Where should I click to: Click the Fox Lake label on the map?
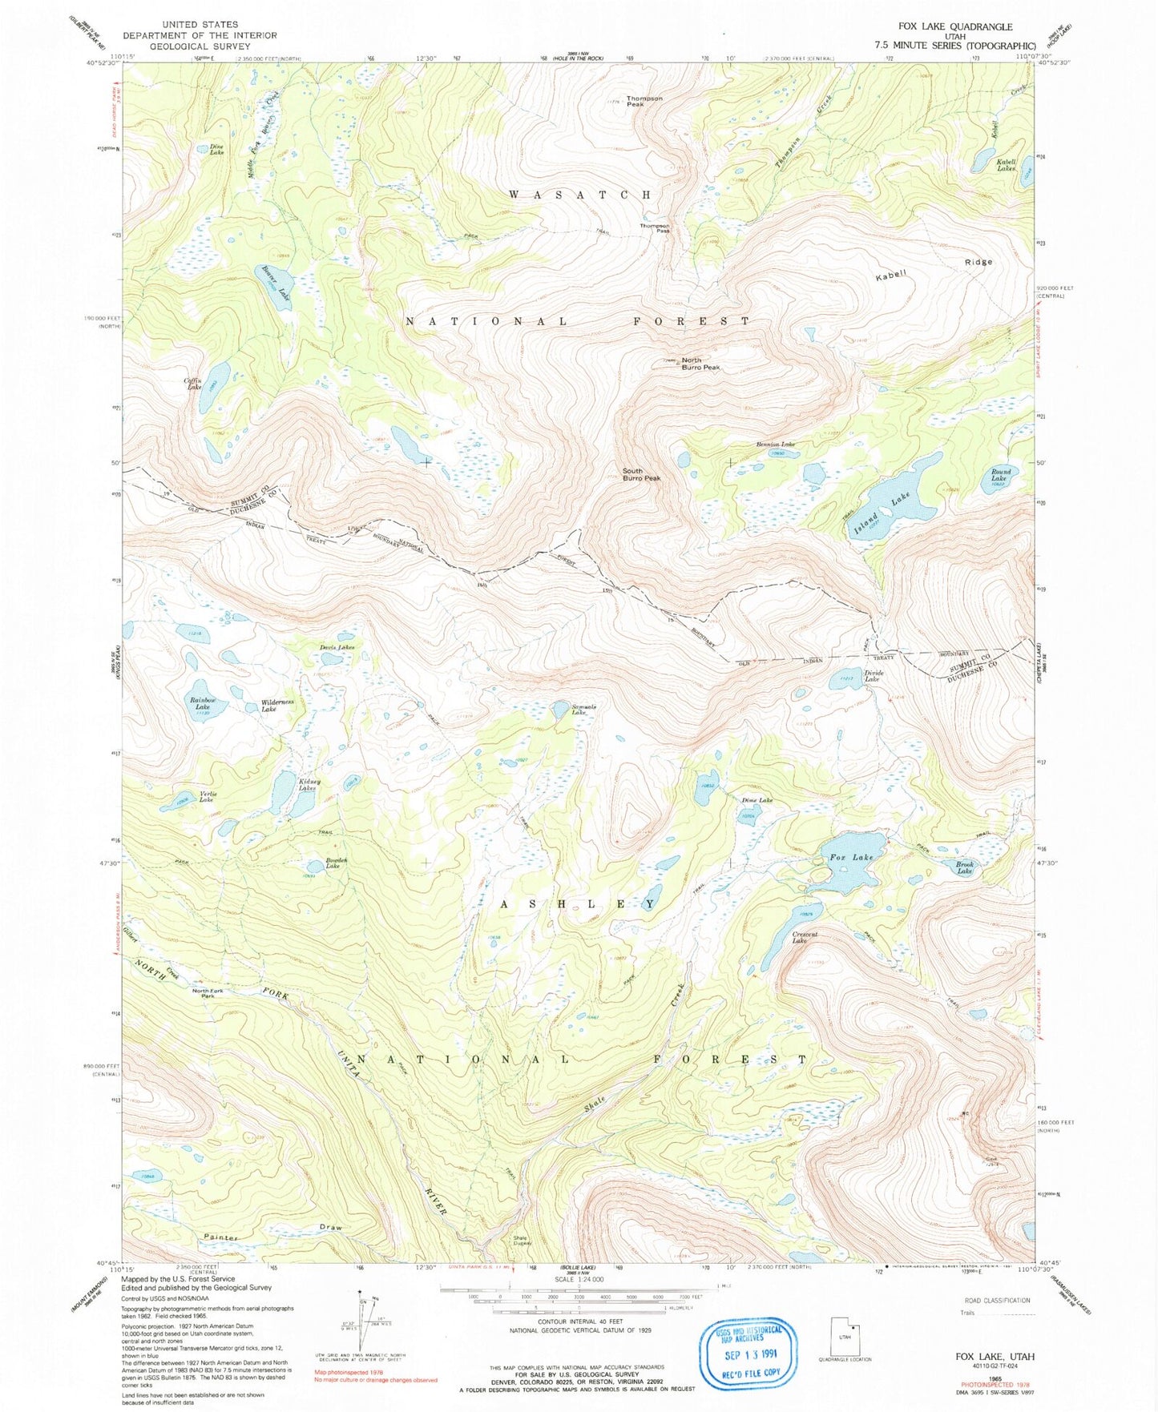pyautogui.click(x=851, y=857)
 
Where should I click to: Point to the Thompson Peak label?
pyautogui.click(x=644, y=101)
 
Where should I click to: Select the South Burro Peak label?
pyautogui.click(x=642, y=475)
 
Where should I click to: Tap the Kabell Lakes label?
pyautogui.click(x=1006, y=165)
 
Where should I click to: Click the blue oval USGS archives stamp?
pyautogui.click(x=752, y=1353)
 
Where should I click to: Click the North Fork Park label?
pyautogui.click(x=208, y=993)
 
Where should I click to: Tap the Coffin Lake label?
pyautogui.click(x=193, y=384)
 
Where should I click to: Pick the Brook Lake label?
pyautogui.click(x=965, y=867)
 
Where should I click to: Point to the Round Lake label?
pyautogui.click(x=1000, y=475)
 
